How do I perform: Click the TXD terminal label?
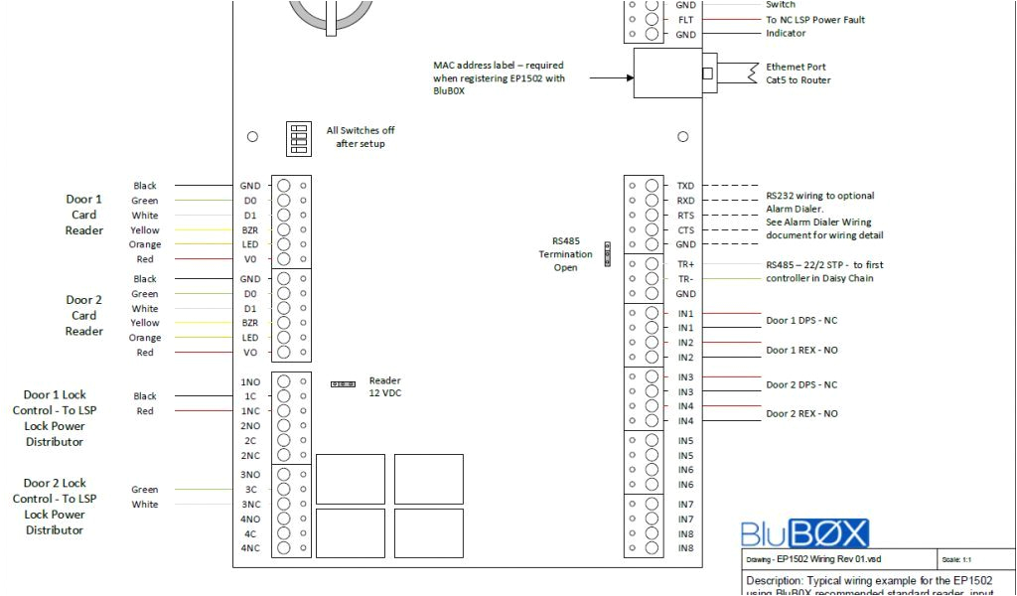point(685,186)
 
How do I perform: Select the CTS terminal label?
point(685,229)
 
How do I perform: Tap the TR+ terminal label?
point(685,265)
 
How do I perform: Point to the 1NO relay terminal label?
point(250,381)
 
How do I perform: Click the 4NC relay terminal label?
point(250,548)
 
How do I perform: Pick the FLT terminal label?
point(685,20)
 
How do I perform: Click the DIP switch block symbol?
point(297,138)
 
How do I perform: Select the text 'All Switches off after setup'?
point(360,137)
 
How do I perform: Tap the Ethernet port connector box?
point(667,74)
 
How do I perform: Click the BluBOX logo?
point(804,533)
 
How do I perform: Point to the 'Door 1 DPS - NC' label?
point(801,321)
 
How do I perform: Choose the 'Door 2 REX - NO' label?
point(801,413)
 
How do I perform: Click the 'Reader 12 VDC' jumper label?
point(385,386)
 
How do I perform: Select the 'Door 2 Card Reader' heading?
point(84,315)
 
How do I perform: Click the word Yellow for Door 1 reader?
point(145,230)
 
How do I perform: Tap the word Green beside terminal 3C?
point(145,490)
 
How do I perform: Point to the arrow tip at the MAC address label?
point(632,77)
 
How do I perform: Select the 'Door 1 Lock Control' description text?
point(55,418)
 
